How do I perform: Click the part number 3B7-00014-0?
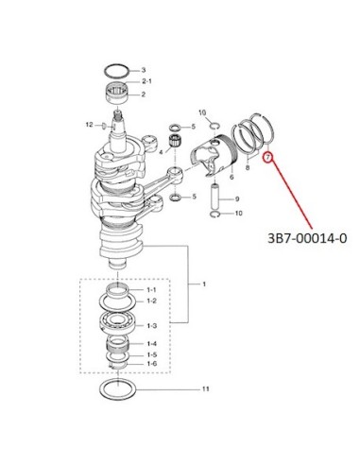click(x=307, y=238)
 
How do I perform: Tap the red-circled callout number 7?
click(x=267, y=157)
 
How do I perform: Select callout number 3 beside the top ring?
click(x=144, y=70)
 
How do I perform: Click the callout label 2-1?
click(x=146, y=81)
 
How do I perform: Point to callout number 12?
click(x=90, y=125)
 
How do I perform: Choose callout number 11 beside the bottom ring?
click(x=205, y=389)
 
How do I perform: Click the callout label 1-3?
click(x=151, y=326)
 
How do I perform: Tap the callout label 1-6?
click(x=152, y=364)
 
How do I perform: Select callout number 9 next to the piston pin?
click(x=237, y=198)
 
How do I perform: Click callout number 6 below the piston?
click(x=231, y=177)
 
